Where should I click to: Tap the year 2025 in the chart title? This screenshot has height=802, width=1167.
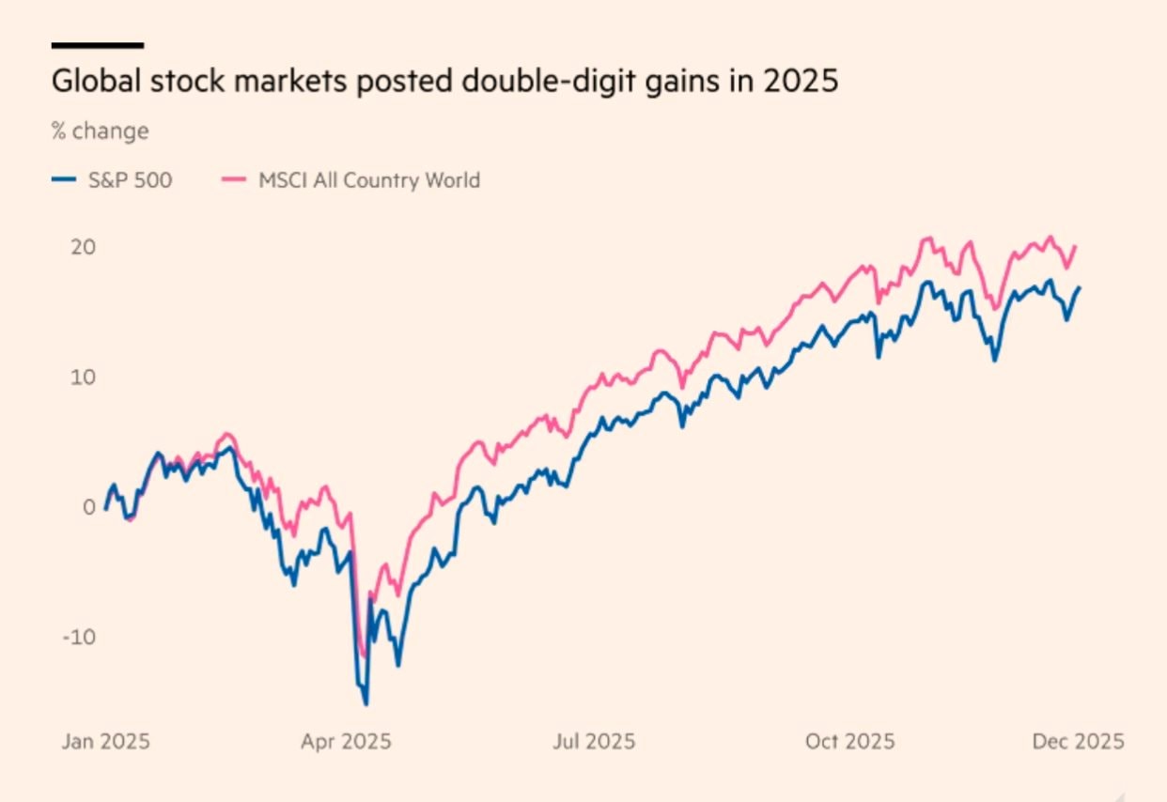coord(799,81)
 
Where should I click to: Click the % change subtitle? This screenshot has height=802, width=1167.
coord(100,131)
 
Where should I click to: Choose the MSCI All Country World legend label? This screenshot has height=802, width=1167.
coord(368,180)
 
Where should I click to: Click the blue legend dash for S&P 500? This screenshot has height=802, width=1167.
coord(63,180)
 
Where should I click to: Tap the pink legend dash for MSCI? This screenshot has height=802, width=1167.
coord(233,180)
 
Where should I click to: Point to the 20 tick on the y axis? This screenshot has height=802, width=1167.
coord(84,248)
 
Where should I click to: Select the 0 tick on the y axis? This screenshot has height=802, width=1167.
coord(89,507)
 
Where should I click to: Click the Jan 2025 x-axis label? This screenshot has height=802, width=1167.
coord(105,742)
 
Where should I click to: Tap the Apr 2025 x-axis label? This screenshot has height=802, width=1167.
coord(346,742)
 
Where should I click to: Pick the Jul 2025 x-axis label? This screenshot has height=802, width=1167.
coord(594,742)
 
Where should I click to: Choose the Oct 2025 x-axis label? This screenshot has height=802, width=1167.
coord(849,742)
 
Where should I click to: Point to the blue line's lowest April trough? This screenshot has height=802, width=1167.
coord(366,703)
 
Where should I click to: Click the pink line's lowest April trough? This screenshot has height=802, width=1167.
coord(364,656)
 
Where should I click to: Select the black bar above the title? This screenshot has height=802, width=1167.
coord(97,44)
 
